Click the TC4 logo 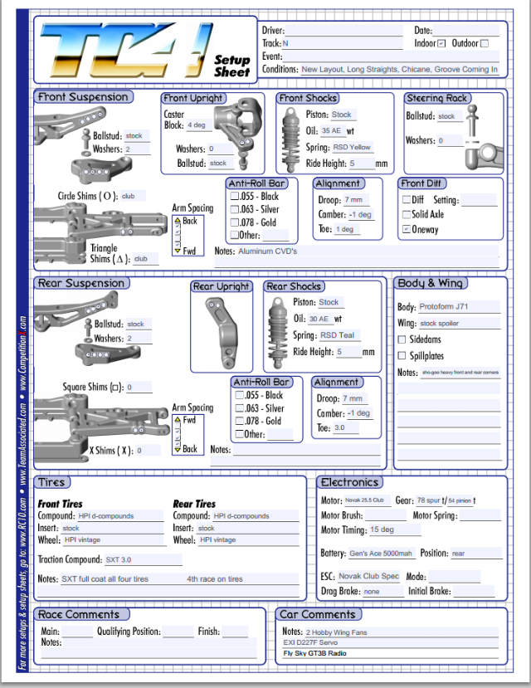pos(124,50)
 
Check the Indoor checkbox pos(441,43)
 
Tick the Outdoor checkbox pos(485,43)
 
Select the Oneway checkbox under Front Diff pos(407,229)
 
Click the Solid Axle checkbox pos(407,214)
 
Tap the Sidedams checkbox pos(402,339)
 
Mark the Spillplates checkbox pos(402,356)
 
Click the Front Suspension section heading pos(83,97)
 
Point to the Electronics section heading pos(350,482)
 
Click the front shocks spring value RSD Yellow pos(353,147)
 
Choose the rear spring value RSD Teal pos(339,335)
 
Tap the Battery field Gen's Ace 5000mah pos(382,554)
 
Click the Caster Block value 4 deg pos(199,125)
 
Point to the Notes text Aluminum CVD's pos(267,251)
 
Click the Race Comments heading pos(80,615)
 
